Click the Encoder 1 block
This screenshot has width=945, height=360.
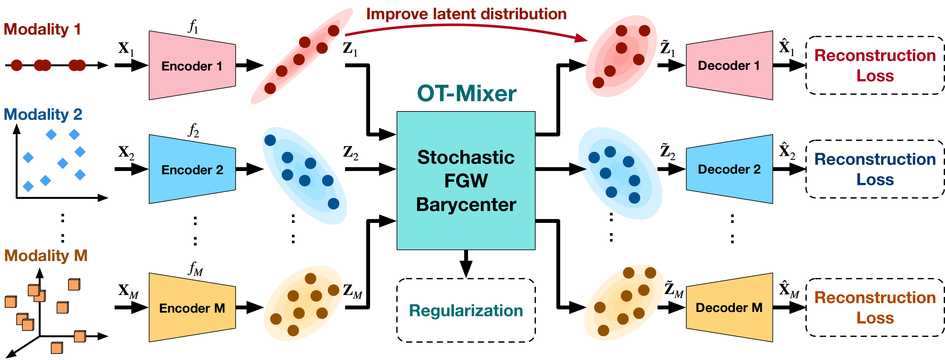point(192,65)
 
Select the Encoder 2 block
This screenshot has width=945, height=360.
point(192,169)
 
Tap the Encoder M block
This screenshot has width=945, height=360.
point(192,307)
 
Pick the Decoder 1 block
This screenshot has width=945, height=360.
point(729,65)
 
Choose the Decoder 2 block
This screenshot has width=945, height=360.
point(729,169)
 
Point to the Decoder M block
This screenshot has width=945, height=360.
point(729,307)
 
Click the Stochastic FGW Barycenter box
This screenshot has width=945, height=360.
point(466,181)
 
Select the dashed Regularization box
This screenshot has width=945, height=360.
point(466,310)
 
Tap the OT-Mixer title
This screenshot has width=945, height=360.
point(467,93)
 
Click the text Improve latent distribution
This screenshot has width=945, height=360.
point(466,14)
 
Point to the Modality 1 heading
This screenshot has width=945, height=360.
point(42,29)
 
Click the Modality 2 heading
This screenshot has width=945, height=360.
point(43,114)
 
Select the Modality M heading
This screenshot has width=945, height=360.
point(46,255)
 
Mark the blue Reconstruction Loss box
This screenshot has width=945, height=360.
point(875,169)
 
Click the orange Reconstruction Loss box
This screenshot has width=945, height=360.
point(875,307)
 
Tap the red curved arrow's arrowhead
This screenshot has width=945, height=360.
point(581,38)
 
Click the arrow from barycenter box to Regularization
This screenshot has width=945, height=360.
point(466,264)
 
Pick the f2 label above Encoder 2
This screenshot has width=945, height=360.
point(193,130)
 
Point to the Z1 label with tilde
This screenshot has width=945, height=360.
point(668,48)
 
